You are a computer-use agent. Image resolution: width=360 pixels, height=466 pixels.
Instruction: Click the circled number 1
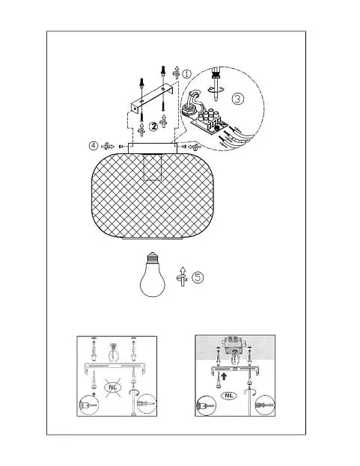click(x=186, y=74)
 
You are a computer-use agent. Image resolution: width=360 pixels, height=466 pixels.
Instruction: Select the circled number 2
click(x=153, y=126)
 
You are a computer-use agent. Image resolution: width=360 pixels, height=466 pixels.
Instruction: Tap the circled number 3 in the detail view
click(x=237, y=99)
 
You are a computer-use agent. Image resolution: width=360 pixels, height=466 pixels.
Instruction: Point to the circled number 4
click(x=94, y=146)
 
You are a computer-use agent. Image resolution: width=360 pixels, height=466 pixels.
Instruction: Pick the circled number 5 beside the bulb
click(x=198, y=277)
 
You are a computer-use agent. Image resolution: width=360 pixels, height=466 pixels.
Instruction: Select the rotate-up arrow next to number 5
click(x=182, y=277)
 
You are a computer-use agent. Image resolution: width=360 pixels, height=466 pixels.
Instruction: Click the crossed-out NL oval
click(x=113, y=387)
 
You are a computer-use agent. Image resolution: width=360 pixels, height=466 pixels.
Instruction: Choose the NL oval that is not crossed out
click(x=229, y=396)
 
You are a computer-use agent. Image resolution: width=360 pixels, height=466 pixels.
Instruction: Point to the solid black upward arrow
click(x=224, y=376)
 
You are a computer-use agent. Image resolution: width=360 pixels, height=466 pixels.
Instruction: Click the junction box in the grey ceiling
click(x=234, y=345)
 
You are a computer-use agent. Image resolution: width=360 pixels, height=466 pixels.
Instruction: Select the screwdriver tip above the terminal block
click(x=216, y=95)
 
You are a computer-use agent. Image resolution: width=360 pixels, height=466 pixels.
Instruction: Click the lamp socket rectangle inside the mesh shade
click(x=153, y=167)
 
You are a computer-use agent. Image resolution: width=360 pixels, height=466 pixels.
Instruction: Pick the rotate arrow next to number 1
click(x=177, y=73)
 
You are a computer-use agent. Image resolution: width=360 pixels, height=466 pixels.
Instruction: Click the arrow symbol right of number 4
click(x=108, y=146)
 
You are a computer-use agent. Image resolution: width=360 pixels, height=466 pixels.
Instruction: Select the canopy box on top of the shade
click(x=153, y=148)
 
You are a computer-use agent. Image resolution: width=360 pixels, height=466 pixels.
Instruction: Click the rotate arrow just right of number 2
click(x=163, y=121)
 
